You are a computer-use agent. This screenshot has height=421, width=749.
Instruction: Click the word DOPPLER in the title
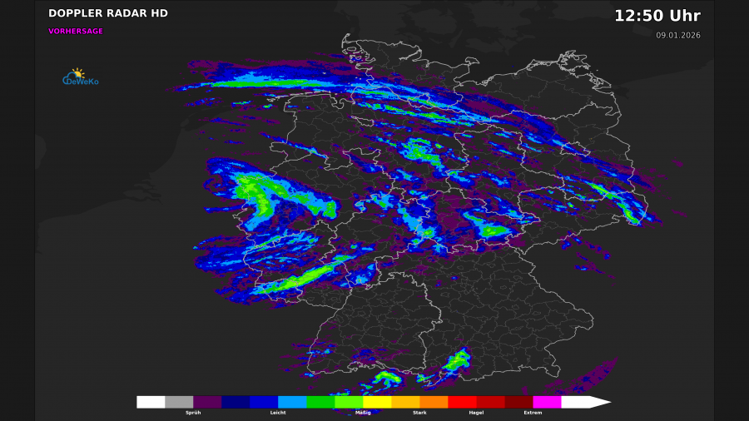77,13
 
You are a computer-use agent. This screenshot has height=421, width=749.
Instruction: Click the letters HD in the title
158,13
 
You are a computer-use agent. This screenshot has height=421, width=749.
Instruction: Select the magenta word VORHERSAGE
76,31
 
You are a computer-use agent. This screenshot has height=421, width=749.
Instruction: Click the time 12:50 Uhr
657,16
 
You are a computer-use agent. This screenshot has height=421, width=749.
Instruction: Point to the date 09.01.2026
677,35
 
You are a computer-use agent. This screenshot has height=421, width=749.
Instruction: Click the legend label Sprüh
193,413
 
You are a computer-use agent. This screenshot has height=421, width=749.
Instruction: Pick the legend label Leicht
278,413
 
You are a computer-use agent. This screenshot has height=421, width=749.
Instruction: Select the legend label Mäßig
363,413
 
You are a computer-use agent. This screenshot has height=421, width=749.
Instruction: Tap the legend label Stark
419,413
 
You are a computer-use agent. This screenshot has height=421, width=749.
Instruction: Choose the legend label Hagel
476,413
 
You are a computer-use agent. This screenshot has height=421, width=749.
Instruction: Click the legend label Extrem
533,413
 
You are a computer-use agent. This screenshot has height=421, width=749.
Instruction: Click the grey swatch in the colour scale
179,402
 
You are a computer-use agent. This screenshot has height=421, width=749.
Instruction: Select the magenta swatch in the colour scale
547,402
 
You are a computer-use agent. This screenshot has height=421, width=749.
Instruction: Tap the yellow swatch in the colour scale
377,402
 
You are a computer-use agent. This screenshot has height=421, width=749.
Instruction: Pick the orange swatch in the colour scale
434,402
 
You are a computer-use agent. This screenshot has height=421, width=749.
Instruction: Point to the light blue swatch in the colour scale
292,402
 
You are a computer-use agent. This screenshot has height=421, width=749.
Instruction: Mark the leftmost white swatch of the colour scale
151,402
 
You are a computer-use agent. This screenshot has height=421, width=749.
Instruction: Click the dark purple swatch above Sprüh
207,402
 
